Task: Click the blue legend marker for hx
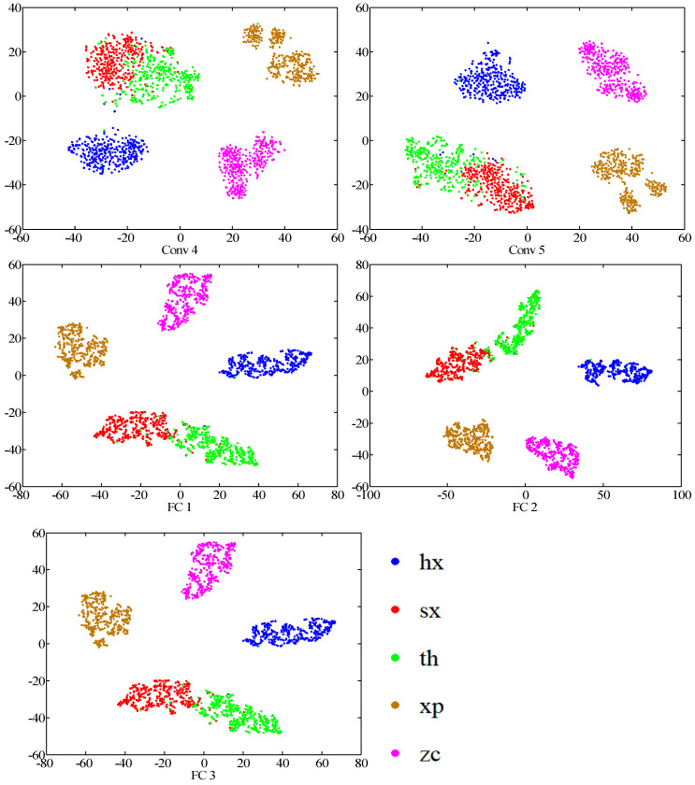397,563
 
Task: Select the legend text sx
446,611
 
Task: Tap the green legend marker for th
397,659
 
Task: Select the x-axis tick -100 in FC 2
370,495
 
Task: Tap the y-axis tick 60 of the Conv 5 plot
357,7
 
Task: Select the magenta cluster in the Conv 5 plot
613,71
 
